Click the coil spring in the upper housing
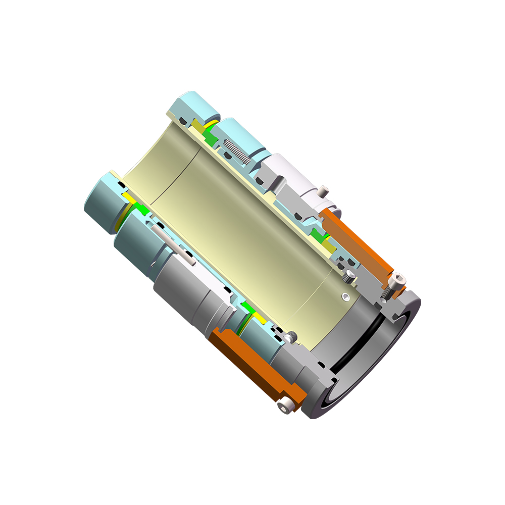(236, 150)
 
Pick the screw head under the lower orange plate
(286, 405)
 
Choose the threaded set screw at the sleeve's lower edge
(290, 335)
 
